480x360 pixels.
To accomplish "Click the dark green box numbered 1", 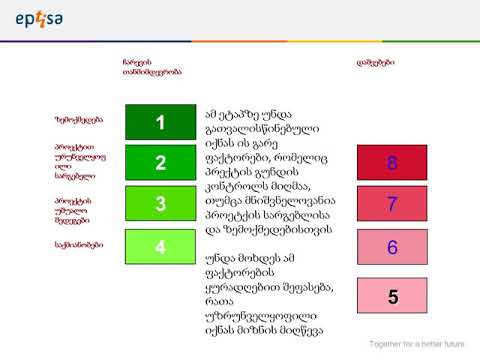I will (x=160, y=122).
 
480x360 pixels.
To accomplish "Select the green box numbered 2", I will (x=160, y=163).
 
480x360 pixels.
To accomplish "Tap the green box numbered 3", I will (x=160, y=204).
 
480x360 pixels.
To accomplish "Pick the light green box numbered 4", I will (x=160, y=245).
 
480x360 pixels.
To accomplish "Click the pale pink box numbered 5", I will (x=392, y=296).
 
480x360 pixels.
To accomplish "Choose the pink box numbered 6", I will (x=392, y=247).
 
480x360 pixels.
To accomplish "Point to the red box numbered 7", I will (x=392, y=204).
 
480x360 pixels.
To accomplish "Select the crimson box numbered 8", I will (x=392, y=162).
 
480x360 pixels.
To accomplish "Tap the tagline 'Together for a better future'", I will (x=419, y=343).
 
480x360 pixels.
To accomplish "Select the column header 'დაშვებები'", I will (x=375, y=62).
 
